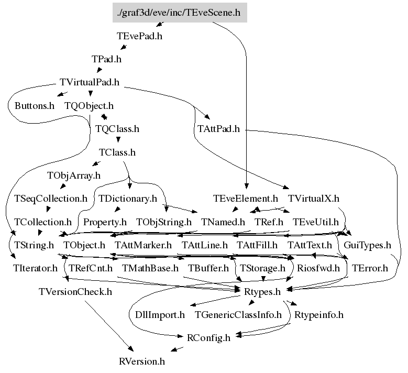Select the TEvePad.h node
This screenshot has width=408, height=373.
click(x=139, y=37)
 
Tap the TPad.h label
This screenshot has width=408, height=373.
click(x=106, y=59)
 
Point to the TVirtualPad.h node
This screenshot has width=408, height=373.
click(x=90, y=82)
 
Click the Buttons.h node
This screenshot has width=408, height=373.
click(x=35, y=105)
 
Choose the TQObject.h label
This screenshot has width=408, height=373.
click(x=89, y=105)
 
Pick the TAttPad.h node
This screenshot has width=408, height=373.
click(x=218, y=128)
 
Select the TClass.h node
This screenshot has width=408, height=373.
click(x=117, y=152)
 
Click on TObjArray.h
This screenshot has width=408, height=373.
click(x=74, y=175)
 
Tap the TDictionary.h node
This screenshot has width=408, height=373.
click(x=128, y=199)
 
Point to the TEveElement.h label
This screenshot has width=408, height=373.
click(x=246, y=199)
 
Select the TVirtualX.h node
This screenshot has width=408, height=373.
click(x=314, y=199)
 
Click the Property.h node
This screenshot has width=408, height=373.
click(x=105, y=222)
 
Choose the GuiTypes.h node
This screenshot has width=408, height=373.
click(x=367, y=245)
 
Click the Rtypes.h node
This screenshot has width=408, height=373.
click(x=262, y=291)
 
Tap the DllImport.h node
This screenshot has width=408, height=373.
click(x=157, y=315)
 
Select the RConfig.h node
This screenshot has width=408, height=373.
click(x=208, y=338)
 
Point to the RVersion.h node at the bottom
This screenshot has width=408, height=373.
click(x=142, y=361)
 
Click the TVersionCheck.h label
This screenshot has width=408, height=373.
click(x=75, y=291)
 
